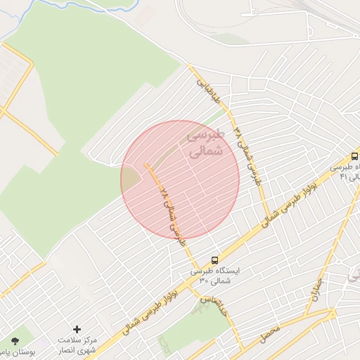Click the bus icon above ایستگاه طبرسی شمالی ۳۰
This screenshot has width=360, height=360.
point(214,259)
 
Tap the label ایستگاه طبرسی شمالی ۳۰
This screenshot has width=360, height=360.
point(214,276)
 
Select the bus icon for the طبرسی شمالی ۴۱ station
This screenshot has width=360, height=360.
point(354,156)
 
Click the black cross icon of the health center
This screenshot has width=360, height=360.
point(77,329)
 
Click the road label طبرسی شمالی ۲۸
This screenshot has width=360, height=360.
point(172,211)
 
